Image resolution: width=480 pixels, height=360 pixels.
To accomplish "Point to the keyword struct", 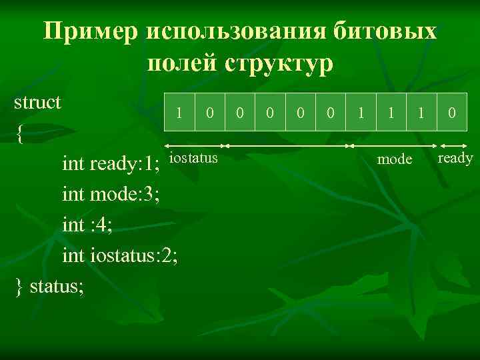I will (x=38, y=103).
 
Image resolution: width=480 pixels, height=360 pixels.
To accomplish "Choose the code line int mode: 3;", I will (x=111, y=194).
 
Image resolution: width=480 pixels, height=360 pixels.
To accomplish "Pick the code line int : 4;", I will (x=87, y=225).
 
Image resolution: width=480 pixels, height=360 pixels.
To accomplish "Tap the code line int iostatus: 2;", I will (x=120, y=255).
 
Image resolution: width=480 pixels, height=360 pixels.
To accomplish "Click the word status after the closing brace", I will (x=57, y=287).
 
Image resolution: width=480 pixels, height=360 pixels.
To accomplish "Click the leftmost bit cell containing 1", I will (x=179, y=113).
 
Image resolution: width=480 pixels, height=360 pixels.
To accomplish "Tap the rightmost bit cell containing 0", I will (x=451, y=113).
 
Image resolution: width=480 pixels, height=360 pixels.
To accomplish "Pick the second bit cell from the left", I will (x=209, y=113).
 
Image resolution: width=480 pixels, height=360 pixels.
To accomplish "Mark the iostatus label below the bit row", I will (x=194, y=158).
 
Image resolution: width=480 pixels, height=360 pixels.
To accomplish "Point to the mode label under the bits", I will (x=395, y=159).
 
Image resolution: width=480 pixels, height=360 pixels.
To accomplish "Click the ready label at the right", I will (x=455, y=158).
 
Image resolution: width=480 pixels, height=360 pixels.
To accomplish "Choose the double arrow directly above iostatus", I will (x=194, y=145).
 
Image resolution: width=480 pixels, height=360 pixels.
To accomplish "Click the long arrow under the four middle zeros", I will (x=287, y=145).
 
